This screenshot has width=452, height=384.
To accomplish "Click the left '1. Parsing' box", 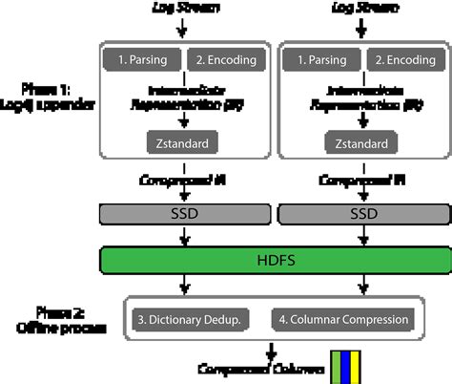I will pyautogui.click(x=141, y=60).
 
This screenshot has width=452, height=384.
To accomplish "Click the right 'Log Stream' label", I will pyautogui.click(x=359, y=9).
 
